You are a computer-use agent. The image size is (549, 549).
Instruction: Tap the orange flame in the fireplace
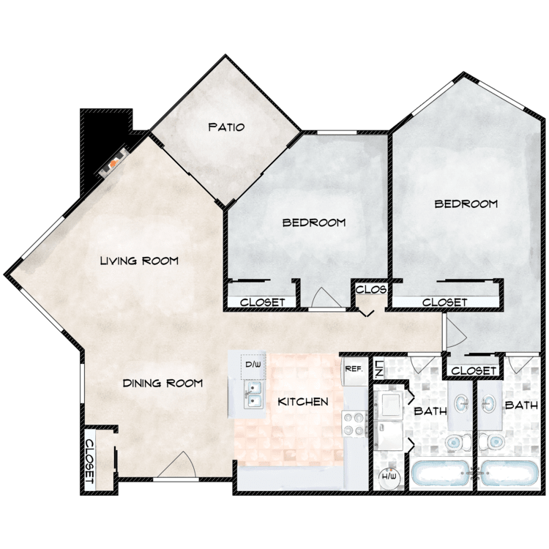(x=113, y=163)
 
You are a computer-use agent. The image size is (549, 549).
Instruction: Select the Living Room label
(x=139, y=261)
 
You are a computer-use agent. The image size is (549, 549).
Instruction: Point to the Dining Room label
(x=163, y=383)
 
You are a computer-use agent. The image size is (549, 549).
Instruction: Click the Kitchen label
(x=303, y=402)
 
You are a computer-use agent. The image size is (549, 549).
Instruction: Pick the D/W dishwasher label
(x=253, y=365)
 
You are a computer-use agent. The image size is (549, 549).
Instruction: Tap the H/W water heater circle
(x=389, y=477)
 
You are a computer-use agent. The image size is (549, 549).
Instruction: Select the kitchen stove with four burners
(x=354, y=423)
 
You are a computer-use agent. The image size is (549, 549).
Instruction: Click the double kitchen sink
(x=254, y=395)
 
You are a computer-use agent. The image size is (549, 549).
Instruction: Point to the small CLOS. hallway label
(x=371, y=290)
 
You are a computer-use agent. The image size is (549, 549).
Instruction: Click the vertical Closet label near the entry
(x=90, y=461)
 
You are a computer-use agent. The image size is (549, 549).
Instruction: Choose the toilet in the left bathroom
(x=459, y=442)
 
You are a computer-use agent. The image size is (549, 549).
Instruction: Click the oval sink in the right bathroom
(x=489, y=404)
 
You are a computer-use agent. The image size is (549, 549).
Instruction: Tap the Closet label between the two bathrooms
(x=474, y=370)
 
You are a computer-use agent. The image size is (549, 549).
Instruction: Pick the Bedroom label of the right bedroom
(x=466, y=203)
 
